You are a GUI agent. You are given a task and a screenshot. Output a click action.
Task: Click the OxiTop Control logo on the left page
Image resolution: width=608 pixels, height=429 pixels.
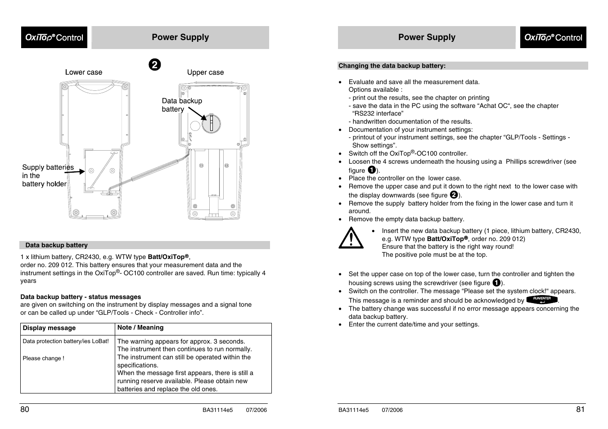(54, 37)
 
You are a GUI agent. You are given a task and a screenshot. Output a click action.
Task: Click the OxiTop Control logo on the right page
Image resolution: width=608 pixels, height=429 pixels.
(553, 37)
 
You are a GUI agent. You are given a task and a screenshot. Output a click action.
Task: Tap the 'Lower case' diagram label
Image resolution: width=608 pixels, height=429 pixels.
(83, 72)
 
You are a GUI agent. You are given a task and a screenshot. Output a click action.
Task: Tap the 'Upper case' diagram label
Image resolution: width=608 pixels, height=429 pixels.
(205, 72)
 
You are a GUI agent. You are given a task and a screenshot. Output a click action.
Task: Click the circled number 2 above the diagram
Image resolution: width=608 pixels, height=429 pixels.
(154, 65)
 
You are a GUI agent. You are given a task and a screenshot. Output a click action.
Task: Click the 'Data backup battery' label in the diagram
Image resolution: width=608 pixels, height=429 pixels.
(182, 105)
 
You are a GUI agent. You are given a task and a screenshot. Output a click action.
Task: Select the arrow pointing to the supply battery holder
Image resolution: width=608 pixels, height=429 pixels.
(75, 171)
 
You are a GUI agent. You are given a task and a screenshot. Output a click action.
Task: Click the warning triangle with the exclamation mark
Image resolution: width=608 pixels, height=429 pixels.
(351, 238)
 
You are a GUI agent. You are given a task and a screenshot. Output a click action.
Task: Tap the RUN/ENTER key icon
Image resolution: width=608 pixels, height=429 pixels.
(542, 299)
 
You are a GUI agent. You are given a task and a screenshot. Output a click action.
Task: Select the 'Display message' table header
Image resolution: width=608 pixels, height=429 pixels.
(49, 328)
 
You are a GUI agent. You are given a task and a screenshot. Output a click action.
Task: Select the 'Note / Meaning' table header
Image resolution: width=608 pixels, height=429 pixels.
(140, 328)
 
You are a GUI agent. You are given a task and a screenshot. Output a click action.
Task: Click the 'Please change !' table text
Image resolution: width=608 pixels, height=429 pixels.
(44, 358)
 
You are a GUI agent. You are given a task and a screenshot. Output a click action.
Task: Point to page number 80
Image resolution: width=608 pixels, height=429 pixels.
(25, 409)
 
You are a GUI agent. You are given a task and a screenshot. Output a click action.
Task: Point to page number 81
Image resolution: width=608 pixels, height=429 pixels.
(580, 409)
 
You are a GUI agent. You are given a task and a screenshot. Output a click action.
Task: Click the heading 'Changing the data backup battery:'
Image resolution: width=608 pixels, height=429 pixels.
(392, 66)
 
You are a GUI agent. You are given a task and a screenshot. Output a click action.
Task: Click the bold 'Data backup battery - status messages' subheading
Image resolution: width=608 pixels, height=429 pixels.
(81, 297)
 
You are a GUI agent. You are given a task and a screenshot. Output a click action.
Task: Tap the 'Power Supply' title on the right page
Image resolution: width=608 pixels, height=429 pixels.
(427, 37)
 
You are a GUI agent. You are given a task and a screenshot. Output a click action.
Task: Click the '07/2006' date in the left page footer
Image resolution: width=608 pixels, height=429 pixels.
(256, 410)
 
